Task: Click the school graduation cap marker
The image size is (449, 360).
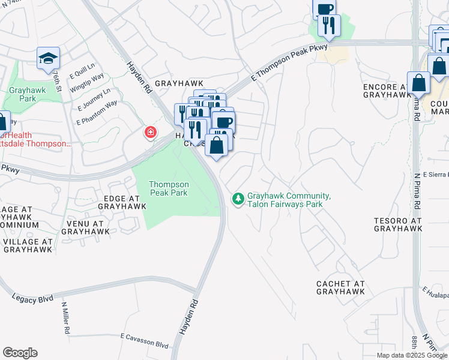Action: [x=48, y=58]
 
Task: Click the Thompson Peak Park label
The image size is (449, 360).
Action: [x=169, y=188]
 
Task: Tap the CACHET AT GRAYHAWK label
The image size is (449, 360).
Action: [x=341, y=287]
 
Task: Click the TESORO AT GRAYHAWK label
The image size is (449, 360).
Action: [x=398, y=224]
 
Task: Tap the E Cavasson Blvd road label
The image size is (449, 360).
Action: [x=144, y=341]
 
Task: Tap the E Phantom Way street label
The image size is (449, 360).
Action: [x=96, y=113]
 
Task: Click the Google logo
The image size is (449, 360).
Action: [x=20, y=353]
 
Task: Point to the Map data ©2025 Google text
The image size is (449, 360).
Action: [x=411, y=355]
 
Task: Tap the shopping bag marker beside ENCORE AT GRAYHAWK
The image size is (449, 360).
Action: [x=418, y=84]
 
